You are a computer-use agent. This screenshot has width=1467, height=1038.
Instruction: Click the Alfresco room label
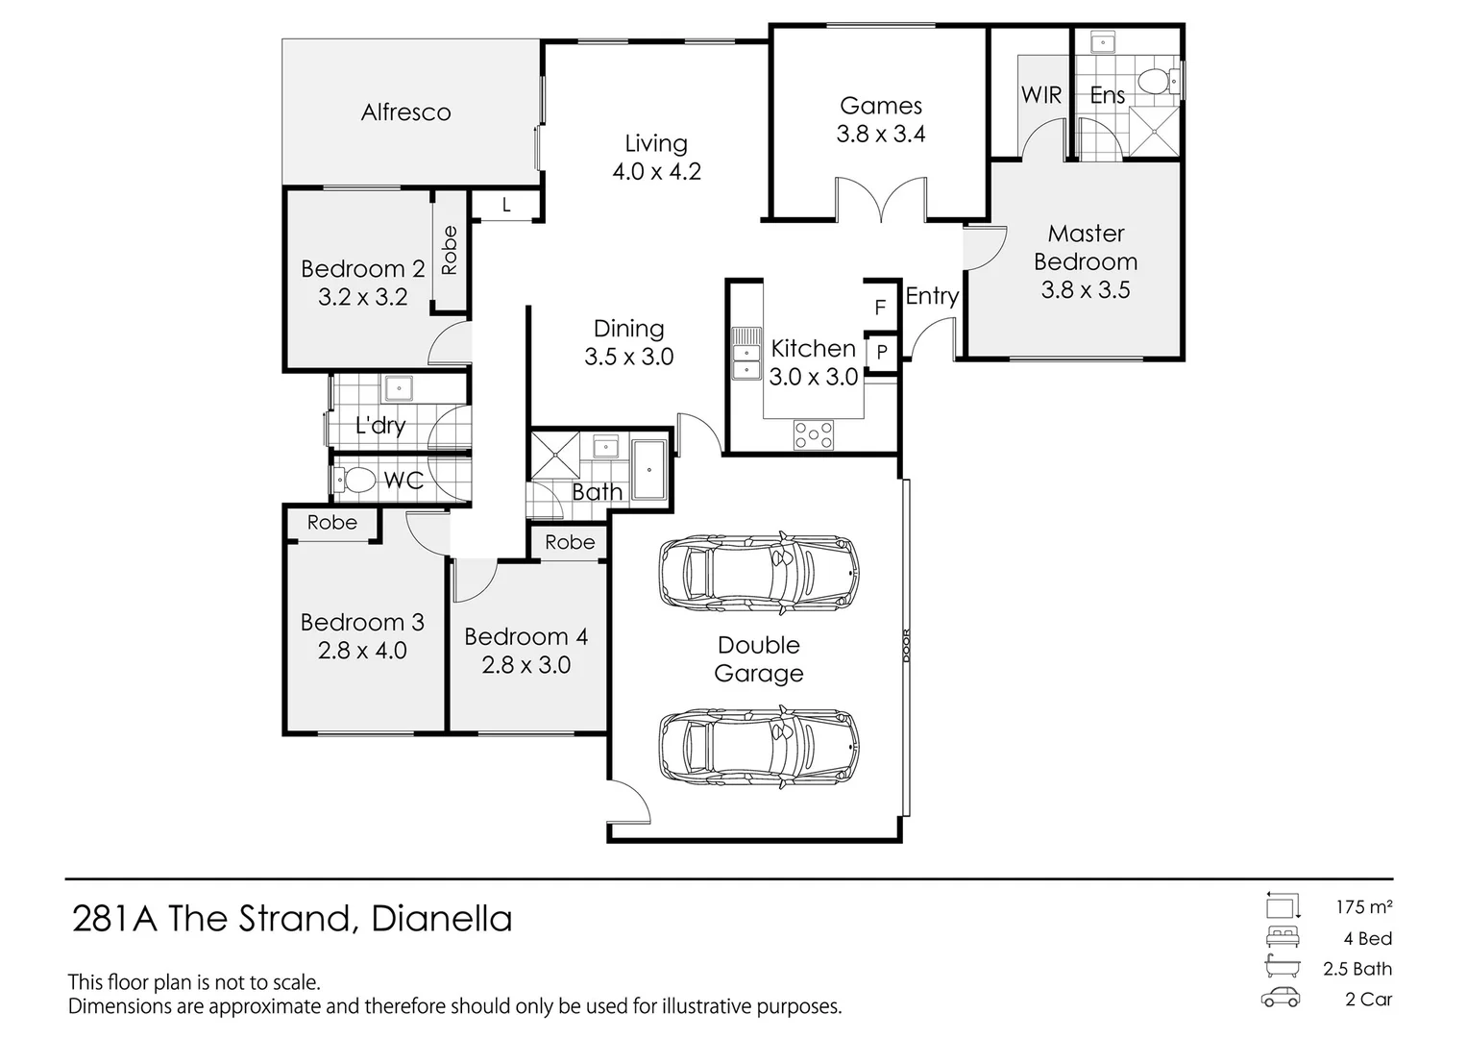pyautogui.click(x=405, y=112)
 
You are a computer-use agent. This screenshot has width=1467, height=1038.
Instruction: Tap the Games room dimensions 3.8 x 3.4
pyautogui.click(x=880, y=135)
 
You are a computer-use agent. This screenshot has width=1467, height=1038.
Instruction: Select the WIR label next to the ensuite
pyautogui.click(x=1040, y=94)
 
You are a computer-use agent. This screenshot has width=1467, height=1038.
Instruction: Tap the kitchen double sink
pyautogui.click(x=746, y=353)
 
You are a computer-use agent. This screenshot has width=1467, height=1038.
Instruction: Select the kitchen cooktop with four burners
pyautogui.click(x=814, y=435)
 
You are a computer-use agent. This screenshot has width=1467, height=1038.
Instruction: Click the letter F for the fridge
pyautogui.click(x=879, y=309)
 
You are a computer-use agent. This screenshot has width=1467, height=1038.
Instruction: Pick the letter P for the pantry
pyautogui.click(x=881, y=353)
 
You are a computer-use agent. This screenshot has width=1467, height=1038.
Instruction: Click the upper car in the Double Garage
pyautogui.click(x=758, y=572)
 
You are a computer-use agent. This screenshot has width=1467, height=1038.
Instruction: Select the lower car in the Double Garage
pyautogui.click(x=758, y=747)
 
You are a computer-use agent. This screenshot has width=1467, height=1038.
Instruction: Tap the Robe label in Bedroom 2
pyautogui.click(x=449, y=251)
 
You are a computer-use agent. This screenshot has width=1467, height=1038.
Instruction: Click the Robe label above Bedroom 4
pyautogui.click(x=570, y=542)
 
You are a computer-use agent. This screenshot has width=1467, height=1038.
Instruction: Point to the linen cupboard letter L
pyautogui.click(x=506, y=206)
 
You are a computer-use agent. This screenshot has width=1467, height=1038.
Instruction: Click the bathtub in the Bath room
pyautogui.click(x=649, y=470)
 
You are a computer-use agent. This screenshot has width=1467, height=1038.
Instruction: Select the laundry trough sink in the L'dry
pyautogui.click(x=398, y=389)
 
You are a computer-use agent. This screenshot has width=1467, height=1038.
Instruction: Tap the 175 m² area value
pyautogui.click(x=1363, y=906)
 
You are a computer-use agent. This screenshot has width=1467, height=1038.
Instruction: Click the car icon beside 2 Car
pyautogui.click(x=1282, y=998)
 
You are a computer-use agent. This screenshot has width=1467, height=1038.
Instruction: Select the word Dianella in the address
pyautogui.click(x=442, y=919)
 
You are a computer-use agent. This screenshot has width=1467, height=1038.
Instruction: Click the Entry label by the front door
pyautogui.click(x=931, y=296)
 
